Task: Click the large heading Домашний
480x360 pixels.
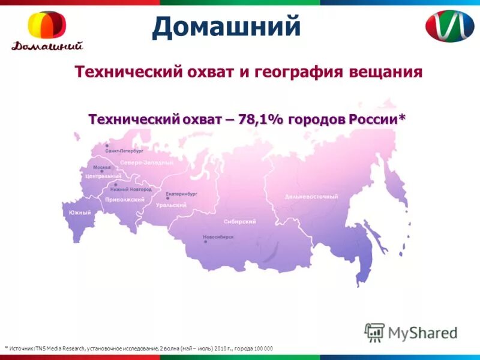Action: pyautogui.click(x=226, y=27)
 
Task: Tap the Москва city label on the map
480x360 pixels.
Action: pyautogui.click(x=102, y=167)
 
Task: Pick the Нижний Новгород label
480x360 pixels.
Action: pyautogui.click(x=131, y=189)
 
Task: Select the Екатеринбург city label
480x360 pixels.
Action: pyautogui.click(x=181, y=194)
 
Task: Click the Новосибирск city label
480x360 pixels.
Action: pyautogui.click(x=218, y=238)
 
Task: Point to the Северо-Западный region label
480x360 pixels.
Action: pyautogui.click(x=147, y=163)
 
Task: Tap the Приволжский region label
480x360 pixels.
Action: pyautogui.click(x=125, y=199)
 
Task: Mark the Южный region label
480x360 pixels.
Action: pyautogui.click(x=80, y=212)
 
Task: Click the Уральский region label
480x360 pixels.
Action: pyautogui.click(x=171, y=205)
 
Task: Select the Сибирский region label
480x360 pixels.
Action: pyautogui.click(x=239, y=221)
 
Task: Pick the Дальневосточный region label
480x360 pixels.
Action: pyautogui.click(x=311, y=197)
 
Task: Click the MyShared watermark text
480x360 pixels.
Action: pyautogui.click(x=422, y=332)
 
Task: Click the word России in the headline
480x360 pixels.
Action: pyautogui.click(x=376, y=118)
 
